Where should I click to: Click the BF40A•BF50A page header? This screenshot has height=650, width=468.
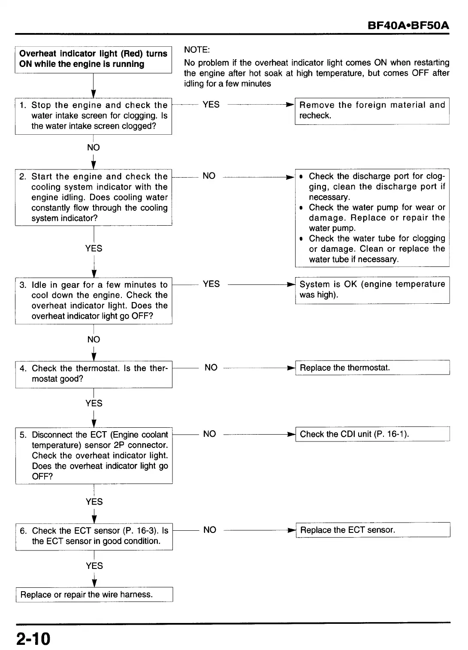coord(408,25)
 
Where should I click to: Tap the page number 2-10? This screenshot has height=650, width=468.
coord(33,638)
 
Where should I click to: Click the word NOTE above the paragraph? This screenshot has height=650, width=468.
coord(196,50)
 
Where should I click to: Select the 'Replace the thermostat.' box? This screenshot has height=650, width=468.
coord(372,368)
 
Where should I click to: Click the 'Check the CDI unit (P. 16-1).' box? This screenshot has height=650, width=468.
coord(372,434)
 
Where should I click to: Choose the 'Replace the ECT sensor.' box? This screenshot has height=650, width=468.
coord(372,530)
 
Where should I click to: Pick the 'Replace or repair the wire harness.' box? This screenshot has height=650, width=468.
coord(94,594)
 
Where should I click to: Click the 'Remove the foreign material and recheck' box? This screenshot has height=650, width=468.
coord(371,111)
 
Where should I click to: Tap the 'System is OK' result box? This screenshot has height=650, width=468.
coord(372,290)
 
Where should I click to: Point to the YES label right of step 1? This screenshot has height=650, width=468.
coord(211,105)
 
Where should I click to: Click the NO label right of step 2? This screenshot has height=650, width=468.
coord(209,176)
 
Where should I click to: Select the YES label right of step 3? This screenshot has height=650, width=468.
coord(211,284)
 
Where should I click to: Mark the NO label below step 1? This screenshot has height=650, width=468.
coord(93,148)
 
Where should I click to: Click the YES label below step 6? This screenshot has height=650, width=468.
coord(94,566)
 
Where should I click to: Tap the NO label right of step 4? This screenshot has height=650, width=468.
coord(211,368)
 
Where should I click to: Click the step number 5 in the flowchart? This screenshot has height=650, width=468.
coord(23,435)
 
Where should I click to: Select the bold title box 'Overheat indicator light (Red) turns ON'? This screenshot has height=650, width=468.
coord(93,59)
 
